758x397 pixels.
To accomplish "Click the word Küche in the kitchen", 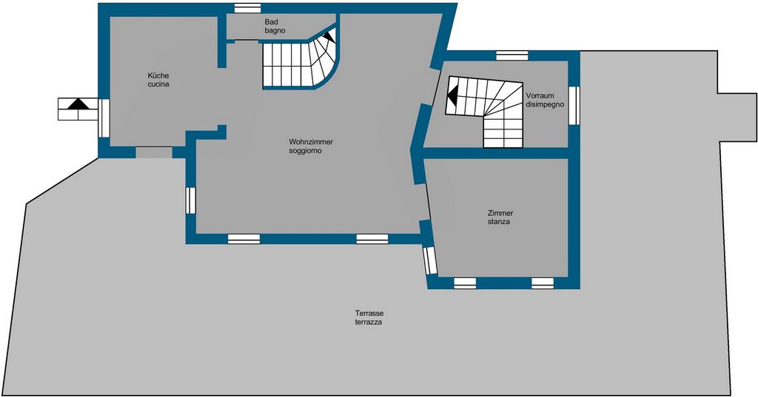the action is pyautogui.click(x=158, y=76).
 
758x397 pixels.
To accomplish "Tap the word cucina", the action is pyautogui.click(x=158, y=84).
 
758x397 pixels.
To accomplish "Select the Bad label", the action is pyautogui.click(x=271, y=21).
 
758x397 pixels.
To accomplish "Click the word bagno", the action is pyautogui.click(x=275, y=30).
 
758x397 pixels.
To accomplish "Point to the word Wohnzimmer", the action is pyautogui.click(x=311, y=142).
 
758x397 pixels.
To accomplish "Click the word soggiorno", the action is pyautogui.click(x=306, y=151).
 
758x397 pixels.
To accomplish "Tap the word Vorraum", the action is pyautogui.click(x=540, y=95).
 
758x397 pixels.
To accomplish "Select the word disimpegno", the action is pyautogui.click(x=545, y=104).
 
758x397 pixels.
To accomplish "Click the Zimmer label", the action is pyautogui.click(x=500, y=213).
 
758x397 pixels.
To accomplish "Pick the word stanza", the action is pyautogui.click(x=499, y=222).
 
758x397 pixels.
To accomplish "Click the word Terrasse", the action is pyautogui.click(x=369, y=313).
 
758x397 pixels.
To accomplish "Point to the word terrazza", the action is pyautogui.click(x=369, y=322).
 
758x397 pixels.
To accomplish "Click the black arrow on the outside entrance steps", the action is pyautogui.click(x=78, y=104).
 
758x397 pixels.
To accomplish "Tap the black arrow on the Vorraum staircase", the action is pyautogui.click(x=452, y=95).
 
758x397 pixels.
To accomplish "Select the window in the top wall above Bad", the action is pyautogui.click(x=247, y=7).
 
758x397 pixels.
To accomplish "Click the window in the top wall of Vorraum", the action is pyautogui.click(x=512, y=55).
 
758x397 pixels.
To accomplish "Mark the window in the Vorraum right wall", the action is pyautogui.click(x=574, y=105).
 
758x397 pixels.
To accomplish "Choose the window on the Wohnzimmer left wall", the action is pyautogui.click(x=191, y=200).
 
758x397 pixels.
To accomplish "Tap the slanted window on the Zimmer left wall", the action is pyautogui.click(x=430, y=260).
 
